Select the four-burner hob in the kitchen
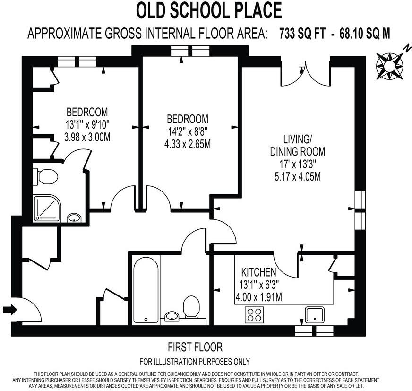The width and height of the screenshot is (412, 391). [x=254, y=315]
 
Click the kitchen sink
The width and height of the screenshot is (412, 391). [x=315, y=314]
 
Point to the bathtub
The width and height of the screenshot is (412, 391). [x=146, y=289]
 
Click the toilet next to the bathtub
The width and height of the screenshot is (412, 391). [x=191, y=307]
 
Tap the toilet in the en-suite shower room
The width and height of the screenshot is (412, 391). [x=46, y=177]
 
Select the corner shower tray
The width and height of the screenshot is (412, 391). [x=46, y=209]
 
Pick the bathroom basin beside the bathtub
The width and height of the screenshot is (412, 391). [x=171, y=316]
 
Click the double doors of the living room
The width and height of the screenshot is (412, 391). [x=307, y=73]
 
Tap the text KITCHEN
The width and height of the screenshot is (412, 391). [x=258, y=272]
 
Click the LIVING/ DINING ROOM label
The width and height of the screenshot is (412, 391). [x=298, y=145]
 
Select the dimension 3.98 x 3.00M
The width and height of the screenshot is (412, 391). [x=87, y=138]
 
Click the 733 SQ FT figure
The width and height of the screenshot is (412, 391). [x=301, y=34]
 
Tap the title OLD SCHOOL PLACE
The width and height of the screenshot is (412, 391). [x=209, y=10]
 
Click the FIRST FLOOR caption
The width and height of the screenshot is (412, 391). [x=195, y=348]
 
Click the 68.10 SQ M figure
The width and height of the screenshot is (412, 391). [x=364, y=34]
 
